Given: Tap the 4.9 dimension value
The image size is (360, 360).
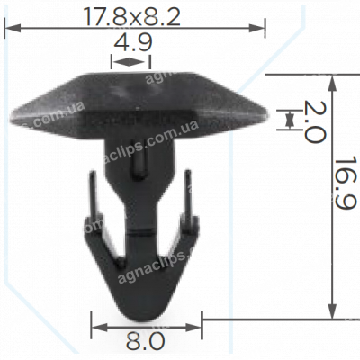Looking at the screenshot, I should coord(131,42).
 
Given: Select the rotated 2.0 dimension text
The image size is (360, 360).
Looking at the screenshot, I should coord(312,122).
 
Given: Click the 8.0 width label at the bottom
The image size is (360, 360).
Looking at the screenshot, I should coord(147,341).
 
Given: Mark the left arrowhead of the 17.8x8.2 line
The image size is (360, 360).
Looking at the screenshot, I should coord(10,29).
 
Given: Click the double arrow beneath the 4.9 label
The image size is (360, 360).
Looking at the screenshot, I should coord(130,62).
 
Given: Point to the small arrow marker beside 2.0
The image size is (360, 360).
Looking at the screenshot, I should coord(290,119).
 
